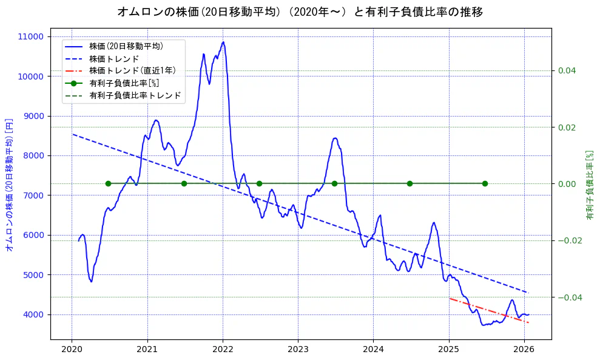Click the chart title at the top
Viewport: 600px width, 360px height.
[300, 12]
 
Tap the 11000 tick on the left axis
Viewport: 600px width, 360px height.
[31, 36]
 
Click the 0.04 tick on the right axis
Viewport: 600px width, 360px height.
[567, 70]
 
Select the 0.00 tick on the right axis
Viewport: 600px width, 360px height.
[567, 184]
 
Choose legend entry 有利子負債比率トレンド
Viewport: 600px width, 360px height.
[135, 95]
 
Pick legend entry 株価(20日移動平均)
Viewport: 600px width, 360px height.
[126, 46]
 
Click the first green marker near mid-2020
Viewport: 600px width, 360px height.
[108, 183]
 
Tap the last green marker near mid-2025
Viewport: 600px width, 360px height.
[485, 183]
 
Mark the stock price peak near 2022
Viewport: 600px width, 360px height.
[223, 42]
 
